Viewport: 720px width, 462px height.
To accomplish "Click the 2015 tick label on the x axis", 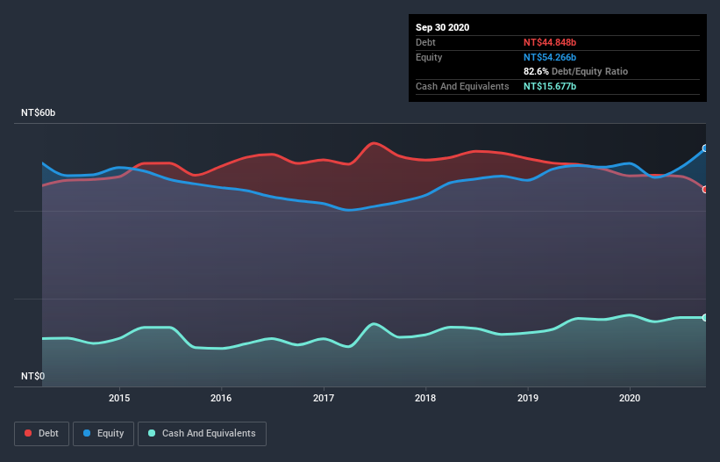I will pyautogui.click(x=119, y=398).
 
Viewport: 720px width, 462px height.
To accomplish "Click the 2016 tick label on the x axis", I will pyautogui.click(x=222, y=398).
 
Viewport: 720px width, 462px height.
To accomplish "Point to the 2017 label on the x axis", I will pyautogui.click(x=324, y=398).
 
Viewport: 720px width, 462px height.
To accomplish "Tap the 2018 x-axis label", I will pyautogui.click(x=425, y=398).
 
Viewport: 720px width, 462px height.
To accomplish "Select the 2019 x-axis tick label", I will pyautogui.click(x=528, y=398).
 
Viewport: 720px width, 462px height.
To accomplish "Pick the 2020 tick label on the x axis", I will pyautogui.click(x=630, y=398).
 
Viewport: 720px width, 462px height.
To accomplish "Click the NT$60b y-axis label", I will pyautogui.click(x=39, y=113).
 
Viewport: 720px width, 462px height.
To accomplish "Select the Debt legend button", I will pyautogui.click(x=41, y=433).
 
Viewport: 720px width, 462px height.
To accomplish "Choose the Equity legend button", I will pyautogui.click(x=103, y=433).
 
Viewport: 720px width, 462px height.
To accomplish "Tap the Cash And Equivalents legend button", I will pyautogui.click(x=202, y=433).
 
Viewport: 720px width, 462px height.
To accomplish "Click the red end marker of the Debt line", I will pyautogui.click(x=705, y=190).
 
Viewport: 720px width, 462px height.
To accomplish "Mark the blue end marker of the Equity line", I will pyautogui.click(x=705, y=148).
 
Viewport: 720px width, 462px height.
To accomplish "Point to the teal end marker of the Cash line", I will pyautogui.click(x=705, y=317).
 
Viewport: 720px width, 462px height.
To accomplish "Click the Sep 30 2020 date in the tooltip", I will pyautogui.click(x=442, y=27).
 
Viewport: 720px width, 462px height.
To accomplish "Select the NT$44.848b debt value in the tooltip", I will pyautogui.click(x=551, y=42).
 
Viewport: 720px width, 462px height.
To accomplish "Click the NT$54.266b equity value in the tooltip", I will pyautogui.click(x=551, y=57).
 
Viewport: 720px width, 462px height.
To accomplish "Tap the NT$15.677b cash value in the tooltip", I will pyautogui.click(x=550, y=86).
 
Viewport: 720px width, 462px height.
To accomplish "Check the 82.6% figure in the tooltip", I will pyautogui.click(x=536, y=71).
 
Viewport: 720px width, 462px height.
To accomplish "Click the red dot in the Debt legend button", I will pyautogui.click(x=29, y=433).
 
